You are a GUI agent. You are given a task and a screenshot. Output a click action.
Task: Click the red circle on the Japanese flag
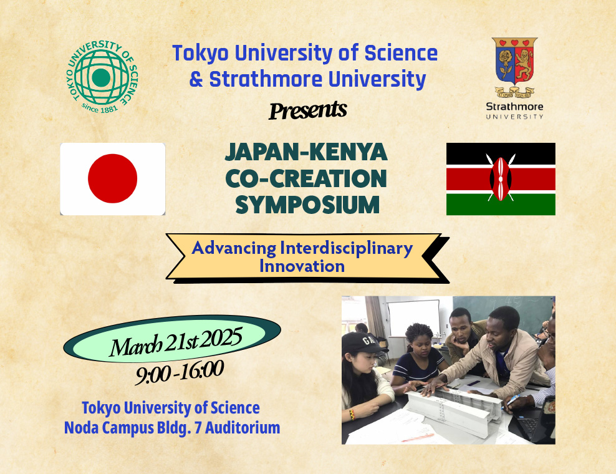(112, 178)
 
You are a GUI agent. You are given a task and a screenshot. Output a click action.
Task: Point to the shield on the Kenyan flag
(501, 179)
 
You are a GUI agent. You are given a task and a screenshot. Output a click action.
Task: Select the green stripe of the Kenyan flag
(501, 205)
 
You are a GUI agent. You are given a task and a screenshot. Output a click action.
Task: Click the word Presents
(308, 110)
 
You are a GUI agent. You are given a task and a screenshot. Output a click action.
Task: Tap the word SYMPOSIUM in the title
(307, 205)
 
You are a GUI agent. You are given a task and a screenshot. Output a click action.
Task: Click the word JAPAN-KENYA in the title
(306, 152)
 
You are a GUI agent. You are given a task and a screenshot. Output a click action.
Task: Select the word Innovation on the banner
(302, 266)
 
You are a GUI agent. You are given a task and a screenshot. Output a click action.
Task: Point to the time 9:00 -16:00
(180, 372)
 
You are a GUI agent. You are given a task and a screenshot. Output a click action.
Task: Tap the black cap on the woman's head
(360, 342)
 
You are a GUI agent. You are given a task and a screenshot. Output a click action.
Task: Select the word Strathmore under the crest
(514, 107)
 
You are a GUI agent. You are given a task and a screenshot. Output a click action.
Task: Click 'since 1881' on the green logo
(100, 108)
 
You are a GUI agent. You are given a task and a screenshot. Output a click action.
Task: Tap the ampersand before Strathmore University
(196, 79)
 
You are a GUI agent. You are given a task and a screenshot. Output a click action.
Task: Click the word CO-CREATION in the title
(306, 178)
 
